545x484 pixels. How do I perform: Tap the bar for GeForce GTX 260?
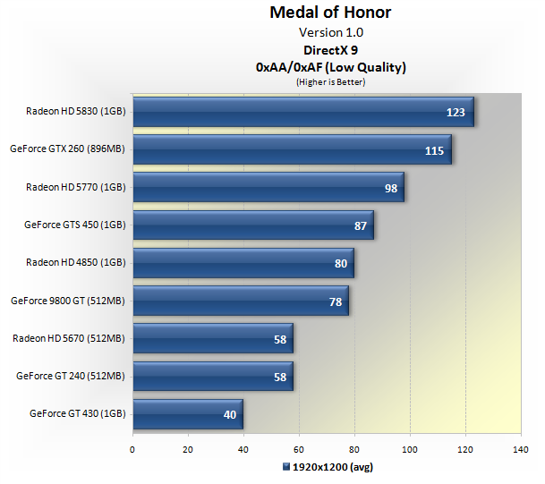292,149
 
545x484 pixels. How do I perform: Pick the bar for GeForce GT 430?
187,413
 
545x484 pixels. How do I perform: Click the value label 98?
391,188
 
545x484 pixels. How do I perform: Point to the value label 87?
361,225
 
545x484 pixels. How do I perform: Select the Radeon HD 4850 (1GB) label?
76,263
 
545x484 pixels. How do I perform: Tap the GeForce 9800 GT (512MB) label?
67,301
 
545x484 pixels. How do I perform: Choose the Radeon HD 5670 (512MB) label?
69,338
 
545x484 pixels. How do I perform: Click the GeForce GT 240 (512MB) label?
71,376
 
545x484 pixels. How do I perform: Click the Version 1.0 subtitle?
330,33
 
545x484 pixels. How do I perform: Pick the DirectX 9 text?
330,50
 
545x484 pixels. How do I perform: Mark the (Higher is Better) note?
330,81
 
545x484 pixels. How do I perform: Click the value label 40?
231,414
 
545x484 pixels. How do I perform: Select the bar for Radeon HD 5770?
268,187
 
